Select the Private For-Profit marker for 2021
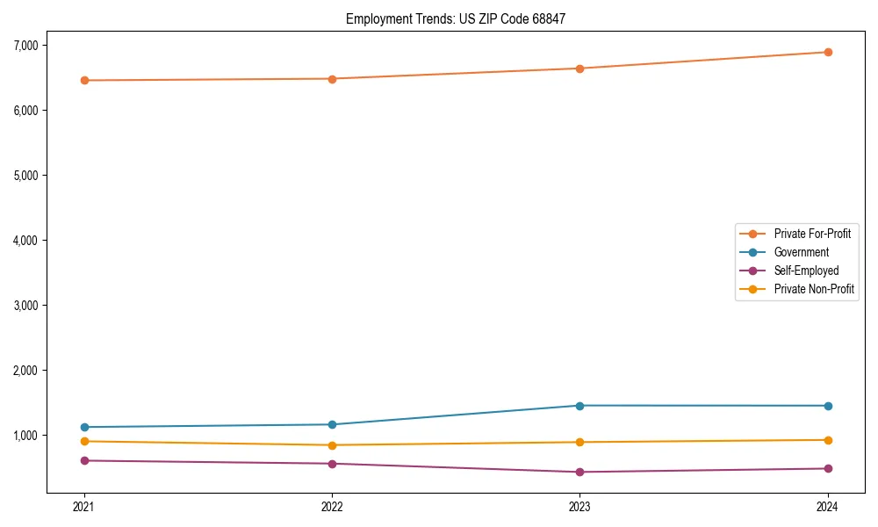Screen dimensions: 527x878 click(x=84, y=81)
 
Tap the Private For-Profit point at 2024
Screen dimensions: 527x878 click(x=827, y=52)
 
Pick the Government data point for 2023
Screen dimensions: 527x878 click(x=579, y=406)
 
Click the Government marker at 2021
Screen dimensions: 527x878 click(x=84, y=427)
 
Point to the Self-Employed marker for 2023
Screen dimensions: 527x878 click(x=579, y=472)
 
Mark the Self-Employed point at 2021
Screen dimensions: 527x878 click(x=84, y=460)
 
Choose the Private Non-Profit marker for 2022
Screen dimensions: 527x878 click(x=332, y=445)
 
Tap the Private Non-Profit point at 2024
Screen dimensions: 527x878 click(x=827, y=440)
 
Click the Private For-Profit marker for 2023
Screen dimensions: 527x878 click(x=579, y=69)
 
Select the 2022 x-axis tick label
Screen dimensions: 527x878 click(x=332, y=506)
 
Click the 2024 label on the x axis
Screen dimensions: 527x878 click(x=827, y=506)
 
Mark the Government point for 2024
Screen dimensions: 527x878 click(x=827, y=406)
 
